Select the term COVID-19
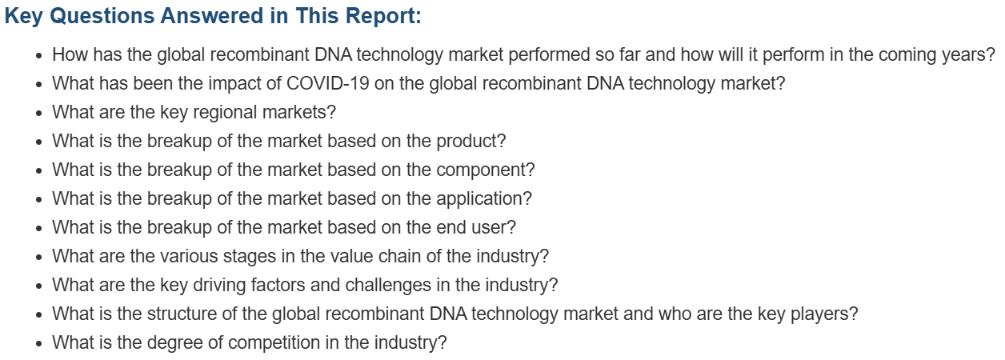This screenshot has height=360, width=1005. pos(327,83)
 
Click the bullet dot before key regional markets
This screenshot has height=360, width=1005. pos(39,113)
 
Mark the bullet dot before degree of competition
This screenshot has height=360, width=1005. pos(39,344)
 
